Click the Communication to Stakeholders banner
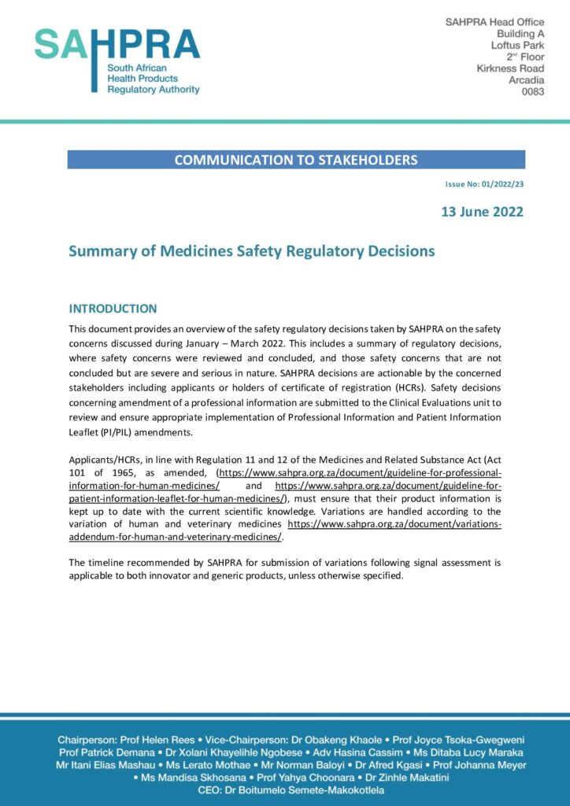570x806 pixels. pos(296,160)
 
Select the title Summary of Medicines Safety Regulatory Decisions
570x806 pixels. pos(251,252)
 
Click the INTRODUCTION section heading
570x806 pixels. pos(113,309)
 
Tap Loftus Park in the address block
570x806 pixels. pos(517,46)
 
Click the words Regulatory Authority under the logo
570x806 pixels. pos(154,90)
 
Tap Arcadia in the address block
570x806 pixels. pos(523,80)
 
